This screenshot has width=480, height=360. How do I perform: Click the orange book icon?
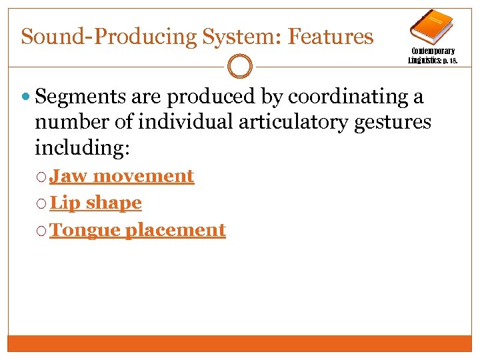tap(431, 26)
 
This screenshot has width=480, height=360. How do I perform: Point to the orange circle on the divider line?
tap(240, 66)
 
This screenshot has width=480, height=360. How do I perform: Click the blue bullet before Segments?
tap(27, 97)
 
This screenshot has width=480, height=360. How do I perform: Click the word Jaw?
tap(69, 176)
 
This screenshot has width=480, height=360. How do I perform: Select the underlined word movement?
tap(143, 176)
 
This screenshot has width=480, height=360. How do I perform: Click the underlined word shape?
tap(113, 203)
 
